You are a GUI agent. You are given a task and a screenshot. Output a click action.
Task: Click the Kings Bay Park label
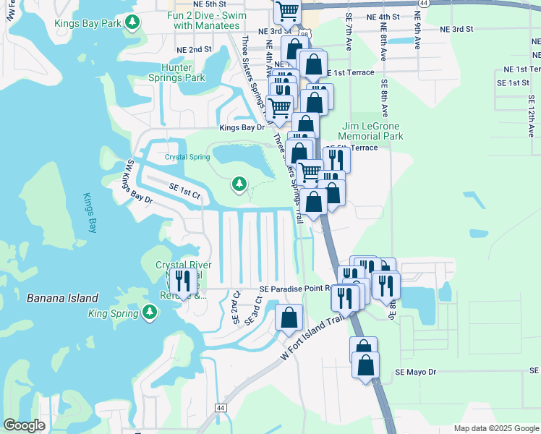point(87,23)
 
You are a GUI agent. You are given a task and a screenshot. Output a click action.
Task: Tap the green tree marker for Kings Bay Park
point(132,23)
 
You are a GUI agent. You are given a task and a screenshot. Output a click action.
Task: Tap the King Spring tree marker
point(150,312)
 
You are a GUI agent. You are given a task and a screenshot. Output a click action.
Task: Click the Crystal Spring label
point(187,157)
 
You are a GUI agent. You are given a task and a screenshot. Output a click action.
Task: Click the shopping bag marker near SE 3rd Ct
point(289,318)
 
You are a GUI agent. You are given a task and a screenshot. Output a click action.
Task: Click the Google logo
point(24,425)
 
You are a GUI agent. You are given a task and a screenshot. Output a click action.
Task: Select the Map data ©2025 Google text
point(495,428)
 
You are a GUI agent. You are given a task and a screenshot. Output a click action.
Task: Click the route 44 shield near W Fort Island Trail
point(220,409)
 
